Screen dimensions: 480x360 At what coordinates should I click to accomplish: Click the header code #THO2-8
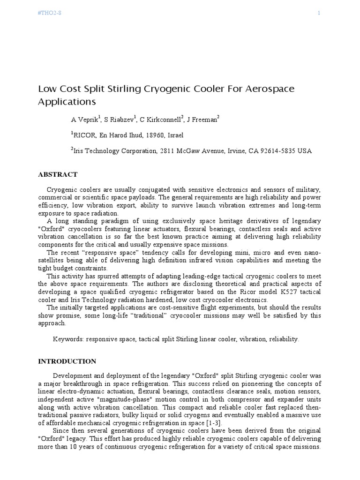(x=49, y=13)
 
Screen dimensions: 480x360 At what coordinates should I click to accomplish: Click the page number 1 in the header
(x=319, y=13)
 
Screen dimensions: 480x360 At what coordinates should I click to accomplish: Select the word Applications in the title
(x=67, y=101)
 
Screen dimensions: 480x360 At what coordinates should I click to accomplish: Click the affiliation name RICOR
(x=84, y=135)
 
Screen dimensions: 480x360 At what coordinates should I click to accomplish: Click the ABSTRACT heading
(x=58, y=174)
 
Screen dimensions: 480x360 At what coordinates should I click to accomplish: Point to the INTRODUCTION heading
(x=67, y=361)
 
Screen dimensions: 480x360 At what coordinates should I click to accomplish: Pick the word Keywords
(x=68, y=338)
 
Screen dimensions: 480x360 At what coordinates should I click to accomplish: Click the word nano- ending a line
(x=311, y=253)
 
